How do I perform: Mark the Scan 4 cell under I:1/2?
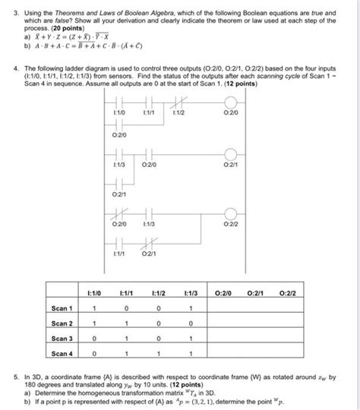(158, 354)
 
